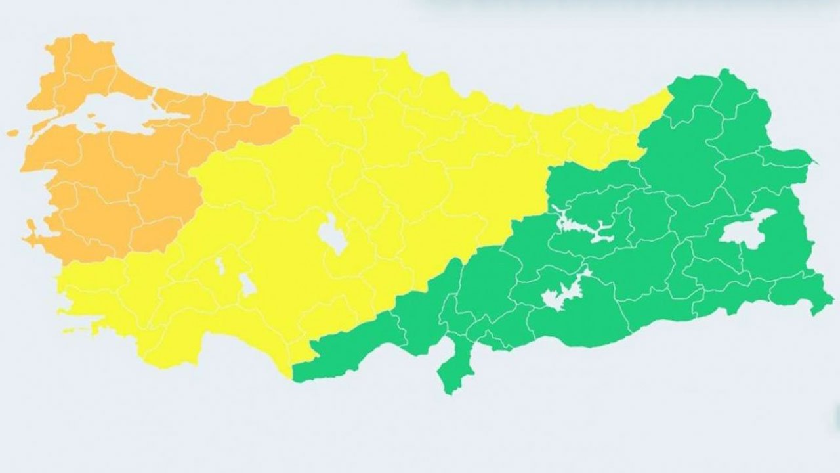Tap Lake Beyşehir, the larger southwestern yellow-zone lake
tap(247, 284)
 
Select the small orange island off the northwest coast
tap(12, 133)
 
